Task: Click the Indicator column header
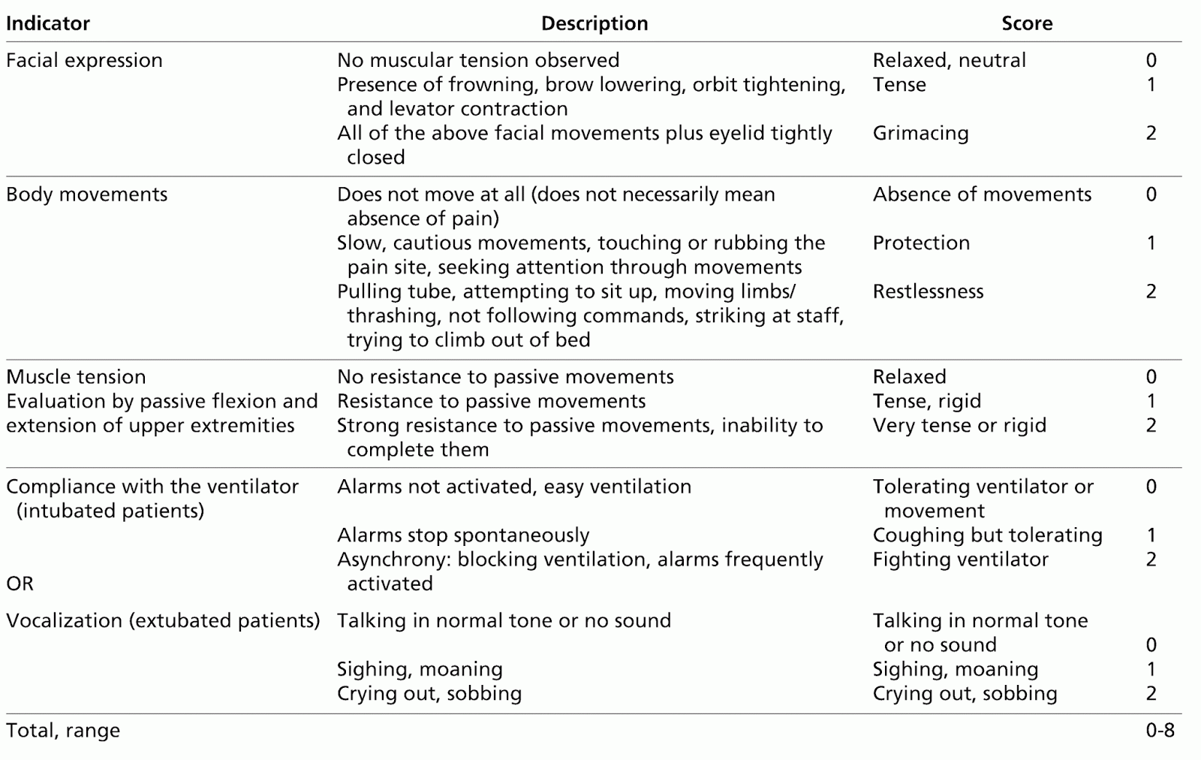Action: tap(48, 23)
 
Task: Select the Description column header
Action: tap(594, 23)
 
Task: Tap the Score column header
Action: tap(1026, 23)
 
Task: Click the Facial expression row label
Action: tap(84, 60)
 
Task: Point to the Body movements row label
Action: tap(86, 195)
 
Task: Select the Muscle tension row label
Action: tap(76, 377)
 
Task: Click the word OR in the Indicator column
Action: tap(20, 584)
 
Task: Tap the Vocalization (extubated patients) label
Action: tap(163, 621)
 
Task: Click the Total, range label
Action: tap(63, 731)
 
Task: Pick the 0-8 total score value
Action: tap(1160, 731)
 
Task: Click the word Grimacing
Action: tap(920, 133)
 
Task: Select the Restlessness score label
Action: tap(928, 291)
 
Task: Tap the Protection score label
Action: tap(921, 243)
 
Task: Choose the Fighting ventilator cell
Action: tap(960, 559)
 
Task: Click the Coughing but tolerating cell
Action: tap(987, 535)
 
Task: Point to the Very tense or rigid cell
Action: tap(959, 426)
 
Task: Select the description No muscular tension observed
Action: tap(478, 60)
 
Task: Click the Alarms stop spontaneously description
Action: tap(463, 535)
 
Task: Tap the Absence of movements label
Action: tap(982, 195)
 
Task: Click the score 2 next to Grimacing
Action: tap(1151, 133)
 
